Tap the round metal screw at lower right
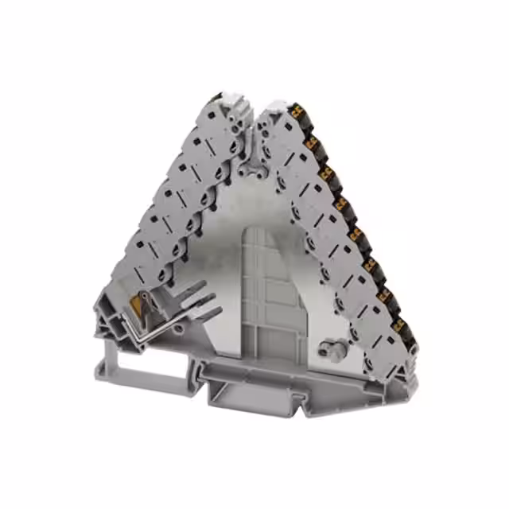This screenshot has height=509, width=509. coord(325,348)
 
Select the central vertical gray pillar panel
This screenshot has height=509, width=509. coord(270,294)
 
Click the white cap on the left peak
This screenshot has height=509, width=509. coord(231,100)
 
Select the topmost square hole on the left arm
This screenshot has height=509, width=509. coord(219,127)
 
